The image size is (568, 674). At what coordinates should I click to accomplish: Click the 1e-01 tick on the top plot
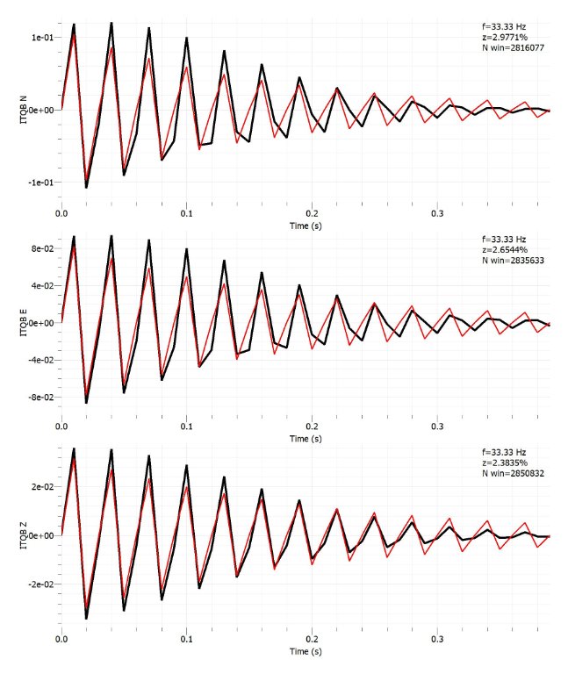(x=41, y=38)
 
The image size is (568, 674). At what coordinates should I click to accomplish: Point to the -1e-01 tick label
(x=40, y=183)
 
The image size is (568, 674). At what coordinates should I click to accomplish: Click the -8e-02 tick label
(x=40, y=397)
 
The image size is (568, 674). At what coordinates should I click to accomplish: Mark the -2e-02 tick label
(x=40, y=584)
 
